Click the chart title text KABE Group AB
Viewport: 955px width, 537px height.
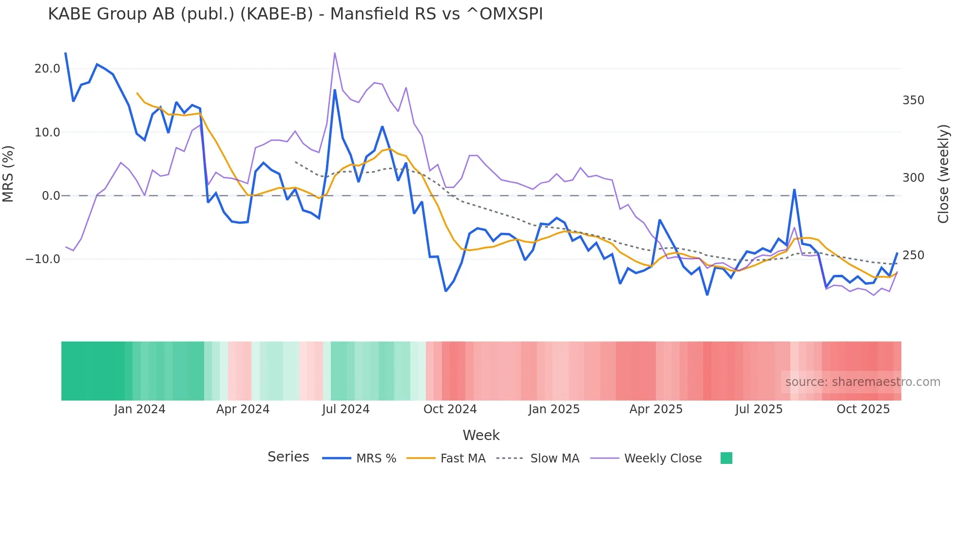[295, 14]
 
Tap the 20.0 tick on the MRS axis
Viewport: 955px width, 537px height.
[47, 69]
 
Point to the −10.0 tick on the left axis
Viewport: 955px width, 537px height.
[43, 259]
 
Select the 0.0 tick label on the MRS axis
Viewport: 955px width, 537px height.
[51, 196]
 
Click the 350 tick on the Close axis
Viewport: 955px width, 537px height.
[913, 100]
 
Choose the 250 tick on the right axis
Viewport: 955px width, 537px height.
[913, 255]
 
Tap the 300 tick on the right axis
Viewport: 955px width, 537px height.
[913, 178]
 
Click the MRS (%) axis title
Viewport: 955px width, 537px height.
[8, 173]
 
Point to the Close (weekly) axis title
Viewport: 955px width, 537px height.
[944, 173]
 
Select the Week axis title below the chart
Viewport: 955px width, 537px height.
[481, 435]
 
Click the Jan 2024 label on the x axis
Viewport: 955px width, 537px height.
[140, 409]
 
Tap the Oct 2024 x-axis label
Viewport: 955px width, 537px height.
[450, 409]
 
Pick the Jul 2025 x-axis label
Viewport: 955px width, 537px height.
[759, 409]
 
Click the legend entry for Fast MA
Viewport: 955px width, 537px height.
[462, 459]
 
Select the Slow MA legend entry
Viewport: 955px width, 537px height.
[554, 459]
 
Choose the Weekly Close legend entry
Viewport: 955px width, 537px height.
[663, 459]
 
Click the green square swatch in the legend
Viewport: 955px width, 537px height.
[726, 458]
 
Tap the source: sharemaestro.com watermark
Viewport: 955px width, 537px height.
[862, 382]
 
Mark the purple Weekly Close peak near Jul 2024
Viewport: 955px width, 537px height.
[335, 53]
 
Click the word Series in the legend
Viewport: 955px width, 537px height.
[288, 457]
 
